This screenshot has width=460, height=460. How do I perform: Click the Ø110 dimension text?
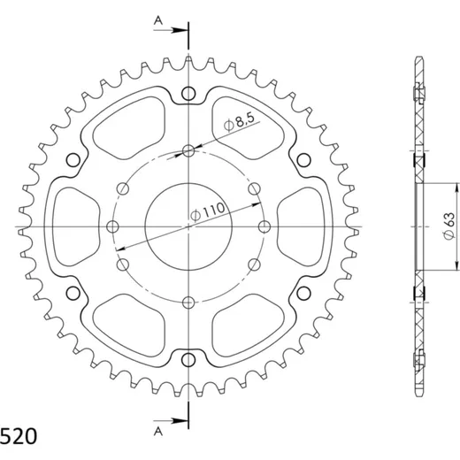[x=208, y=211]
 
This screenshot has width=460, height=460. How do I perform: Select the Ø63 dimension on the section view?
[x=449, y=226]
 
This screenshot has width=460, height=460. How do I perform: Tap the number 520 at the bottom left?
[x=19, y=436]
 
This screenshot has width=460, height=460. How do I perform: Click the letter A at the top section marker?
[x=158, y=20]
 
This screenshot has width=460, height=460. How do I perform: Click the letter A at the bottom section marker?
[x=158, y=432]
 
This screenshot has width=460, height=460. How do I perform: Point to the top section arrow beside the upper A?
[x=171, y=30]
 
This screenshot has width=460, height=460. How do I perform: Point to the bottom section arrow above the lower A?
[x=171, y=421]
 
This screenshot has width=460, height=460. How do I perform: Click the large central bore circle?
[x=188, y=183]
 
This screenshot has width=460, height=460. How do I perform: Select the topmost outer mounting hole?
[x=188, y=94]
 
